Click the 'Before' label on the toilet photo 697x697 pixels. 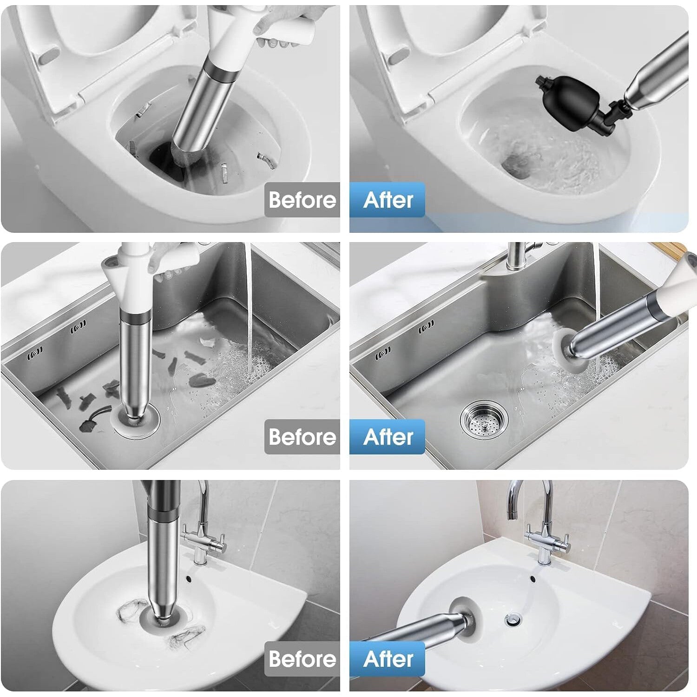302,200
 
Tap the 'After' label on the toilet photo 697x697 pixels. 388,200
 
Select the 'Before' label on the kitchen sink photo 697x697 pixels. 302,437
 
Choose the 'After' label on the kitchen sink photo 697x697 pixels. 388,437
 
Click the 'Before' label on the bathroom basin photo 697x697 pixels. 302,659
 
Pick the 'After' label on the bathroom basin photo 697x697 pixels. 388,659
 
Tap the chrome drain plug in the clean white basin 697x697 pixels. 513,619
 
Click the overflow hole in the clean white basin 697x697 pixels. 533,579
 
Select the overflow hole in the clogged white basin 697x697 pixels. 189,579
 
